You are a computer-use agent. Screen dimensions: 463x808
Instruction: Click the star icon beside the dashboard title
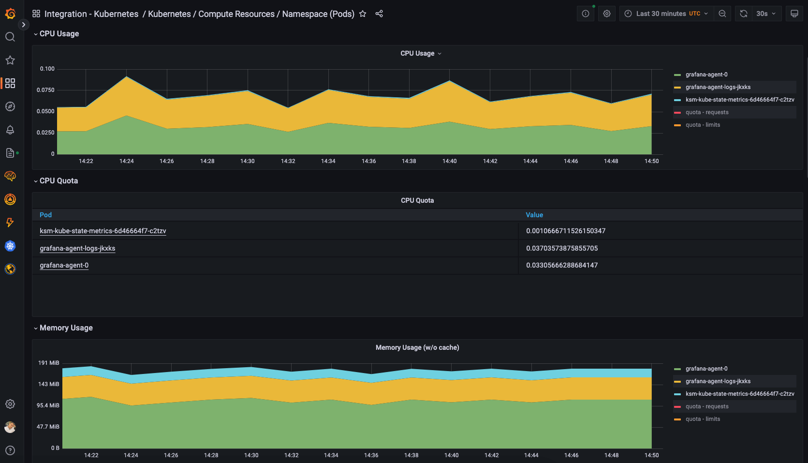point(363,14)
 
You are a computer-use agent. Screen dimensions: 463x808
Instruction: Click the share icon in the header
point(379,14)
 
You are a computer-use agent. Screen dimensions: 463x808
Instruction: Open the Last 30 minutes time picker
point(666,14)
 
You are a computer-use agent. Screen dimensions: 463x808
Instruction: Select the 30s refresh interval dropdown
point(766,14)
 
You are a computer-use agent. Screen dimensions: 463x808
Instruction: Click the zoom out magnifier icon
point(722,14)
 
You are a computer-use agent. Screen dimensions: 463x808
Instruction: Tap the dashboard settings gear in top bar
point(607,14)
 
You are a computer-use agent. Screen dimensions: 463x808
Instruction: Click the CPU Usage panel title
point(417,53)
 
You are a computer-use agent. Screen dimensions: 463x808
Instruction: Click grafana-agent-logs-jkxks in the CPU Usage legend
point(718,87)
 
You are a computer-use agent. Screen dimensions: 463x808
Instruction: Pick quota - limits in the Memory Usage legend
point(703,419)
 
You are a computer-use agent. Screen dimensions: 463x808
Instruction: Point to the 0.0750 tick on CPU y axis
point(45,90)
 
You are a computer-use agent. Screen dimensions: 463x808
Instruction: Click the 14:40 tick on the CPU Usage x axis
point(449,161)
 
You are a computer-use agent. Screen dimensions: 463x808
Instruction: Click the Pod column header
point(45,215)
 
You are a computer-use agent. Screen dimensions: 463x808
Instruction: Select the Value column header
point(534,215)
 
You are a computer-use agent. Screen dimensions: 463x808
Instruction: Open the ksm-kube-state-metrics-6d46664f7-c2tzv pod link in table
point(103,231)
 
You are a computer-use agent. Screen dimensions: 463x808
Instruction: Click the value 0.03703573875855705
point(562,248)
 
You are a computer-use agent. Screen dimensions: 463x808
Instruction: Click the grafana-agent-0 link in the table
point(64,265)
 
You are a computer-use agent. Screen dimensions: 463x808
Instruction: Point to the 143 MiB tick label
point(48,384)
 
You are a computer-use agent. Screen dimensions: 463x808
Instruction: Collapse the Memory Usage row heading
point(66,328)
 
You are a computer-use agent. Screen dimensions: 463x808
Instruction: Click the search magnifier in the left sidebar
point(10,37)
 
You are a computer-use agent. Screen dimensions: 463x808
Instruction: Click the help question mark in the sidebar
point(10,450)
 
